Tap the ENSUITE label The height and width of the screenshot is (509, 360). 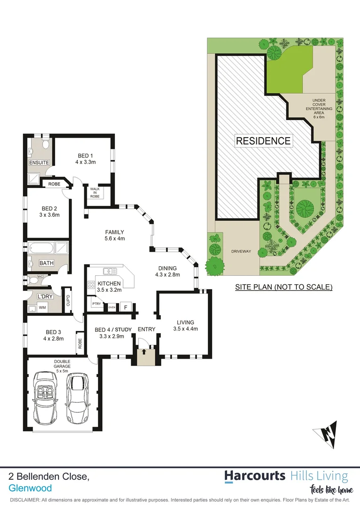39,163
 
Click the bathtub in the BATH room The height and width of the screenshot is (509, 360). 41,248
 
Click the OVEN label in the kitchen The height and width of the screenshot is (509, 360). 112,307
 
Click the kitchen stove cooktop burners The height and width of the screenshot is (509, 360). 91,285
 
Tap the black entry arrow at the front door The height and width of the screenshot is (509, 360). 144,351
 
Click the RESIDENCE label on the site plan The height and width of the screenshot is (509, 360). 263,140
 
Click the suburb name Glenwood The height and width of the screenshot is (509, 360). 30,488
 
